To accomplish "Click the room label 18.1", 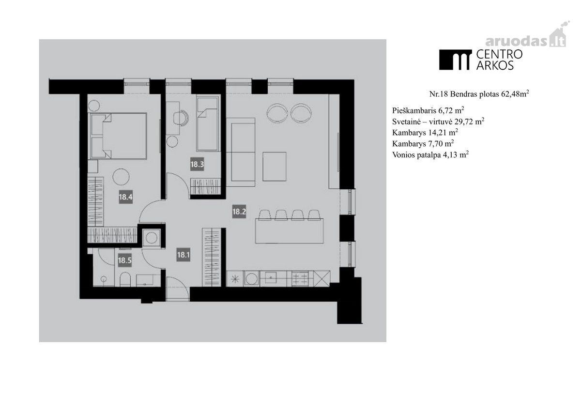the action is coord(183,255).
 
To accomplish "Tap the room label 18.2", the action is coord(239,212).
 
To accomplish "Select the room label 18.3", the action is coord(197,164).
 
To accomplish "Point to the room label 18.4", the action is coord(125,197).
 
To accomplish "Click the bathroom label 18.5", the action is coord(125,260).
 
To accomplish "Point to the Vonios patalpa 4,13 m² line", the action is coord(430,154).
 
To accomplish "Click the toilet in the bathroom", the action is coord(125,279).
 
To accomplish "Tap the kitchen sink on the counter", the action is coord(271,278).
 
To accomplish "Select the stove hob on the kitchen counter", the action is coord(300,279).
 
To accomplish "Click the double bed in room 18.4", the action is coord(118,136).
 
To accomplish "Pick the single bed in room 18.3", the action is coord(207,123).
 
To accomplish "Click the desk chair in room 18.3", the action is coord(181,118).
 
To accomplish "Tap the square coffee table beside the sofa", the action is coord(275,166).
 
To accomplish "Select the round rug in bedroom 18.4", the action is coord(121,177).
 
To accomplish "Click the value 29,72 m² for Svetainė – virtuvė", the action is coord(470,121).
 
